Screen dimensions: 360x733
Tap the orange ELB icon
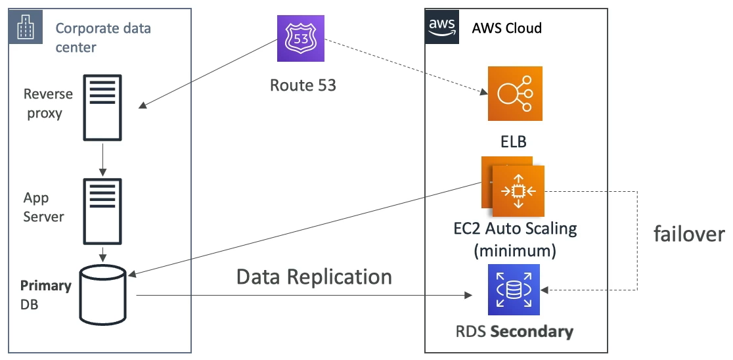515,93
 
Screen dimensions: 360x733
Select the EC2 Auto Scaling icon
518,191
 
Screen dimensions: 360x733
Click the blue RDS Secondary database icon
514,290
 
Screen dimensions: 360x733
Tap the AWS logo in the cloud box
442,26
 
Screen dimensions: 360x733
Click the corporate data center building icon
26,28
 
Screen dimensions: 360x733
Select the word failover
688,235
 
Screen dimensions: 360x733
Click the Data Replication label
314,277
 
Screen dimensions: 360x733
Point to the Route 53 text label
303,85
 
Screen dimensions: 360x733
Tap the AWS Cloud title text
506,28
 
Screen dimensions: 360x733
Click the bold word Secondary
532,331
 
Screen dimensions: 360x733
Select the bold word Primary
45,286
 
